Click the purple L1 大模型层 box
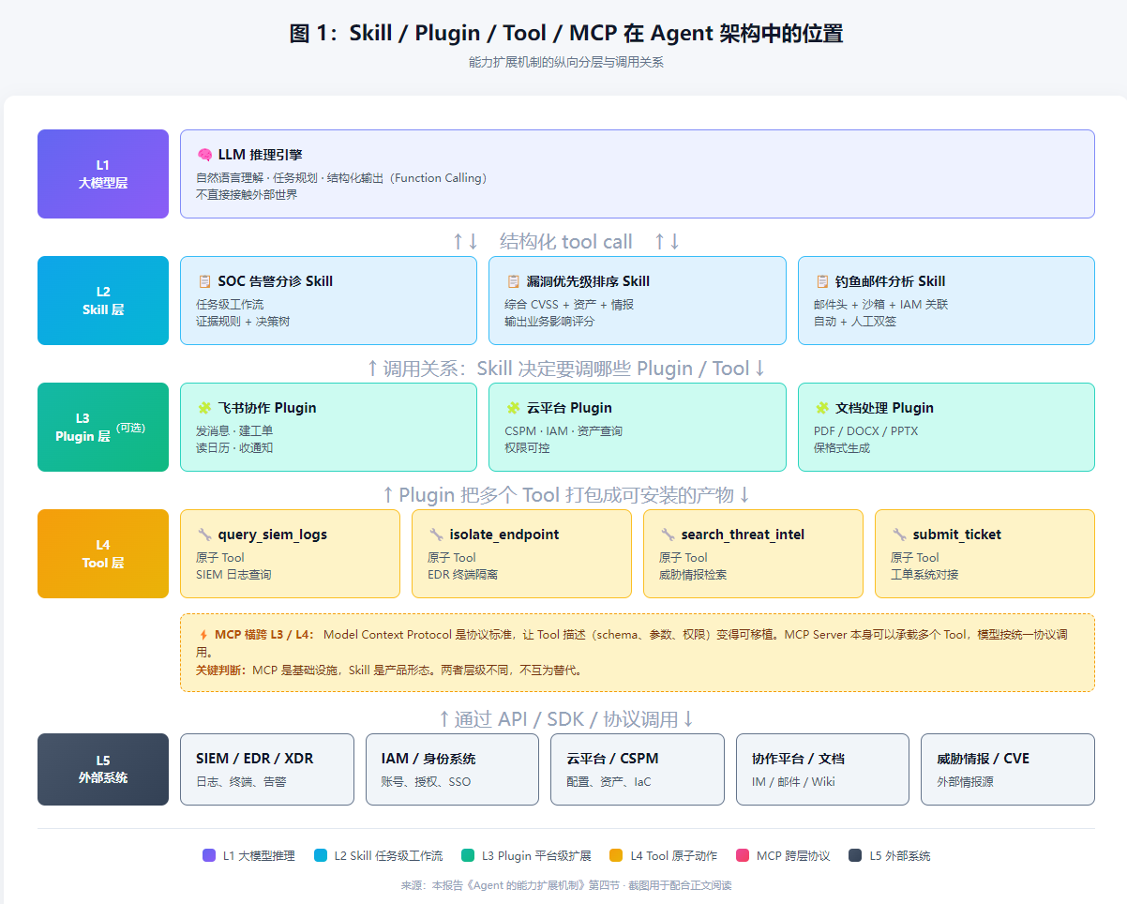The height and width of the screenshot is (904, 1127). (x=102, y=173)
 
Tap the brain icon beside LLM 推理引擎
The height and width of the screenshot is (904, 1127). (x=204, y=155)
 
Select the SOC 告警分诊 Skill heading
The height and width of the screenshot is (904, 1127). (x=275, y=281)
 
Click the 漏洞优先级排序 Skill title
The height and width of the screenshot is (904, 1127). (x=588, y=281)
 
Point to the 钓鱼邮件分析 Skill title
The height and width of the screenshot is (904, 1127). (x=890, y=281)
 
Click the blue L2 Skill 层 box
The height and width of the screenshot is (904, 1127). (x=102, y=300)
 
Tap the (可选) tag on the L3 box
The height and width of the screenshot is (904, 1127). (x=130, y=428)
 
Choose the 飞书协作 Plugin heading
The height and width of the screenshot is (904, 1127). (x=266, y=408)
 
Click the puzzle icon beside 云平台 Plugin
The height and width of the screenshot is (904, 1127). (x=513, y=408)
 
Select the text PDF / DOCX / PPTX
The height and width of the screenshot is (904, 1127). (x=865, y=431)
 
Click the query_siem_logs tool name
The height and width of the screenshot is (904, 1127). (x=272, y=535)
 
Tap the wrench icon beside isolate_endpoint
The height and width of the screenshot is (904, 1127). (x=436, y=535)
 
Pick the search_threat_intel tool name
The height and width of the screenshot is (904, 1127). (x=743, y=535)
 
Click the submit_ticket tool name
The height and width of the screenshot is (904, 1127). (x=956, y=535)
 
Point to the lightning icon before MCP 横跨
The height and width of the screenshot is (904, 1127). (x=203, y=635)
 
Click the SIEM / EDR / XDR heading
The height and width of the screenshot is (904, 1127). (x=254, y=759)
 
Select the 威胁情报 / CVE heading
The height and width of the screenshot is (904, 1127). (x=983, y=759)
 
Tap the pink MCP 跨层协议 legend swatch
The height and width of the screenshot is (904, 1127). (x=742, y=855)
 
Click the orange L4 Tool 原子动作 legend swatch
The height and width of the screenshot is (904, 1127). (x=616, y=855)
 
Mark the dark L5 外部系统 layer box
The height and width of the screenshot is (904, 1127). (x=102, y=769)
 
